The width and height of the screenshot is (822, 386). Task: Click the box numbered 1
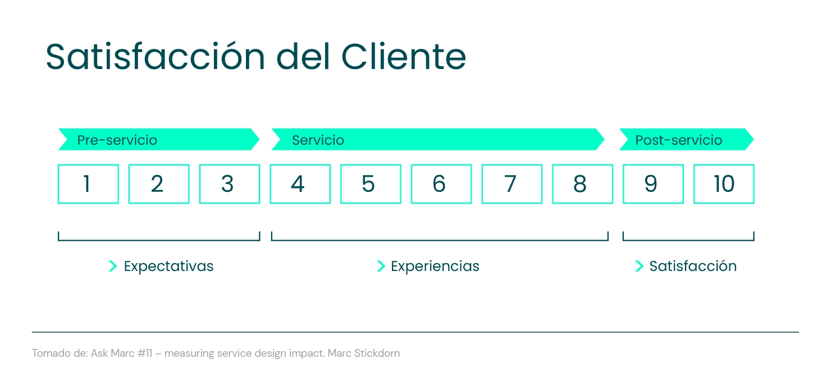88,183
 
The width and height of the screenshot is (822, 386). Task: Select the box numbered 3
229,183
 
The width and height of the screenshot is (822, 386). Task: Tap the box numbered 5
371,183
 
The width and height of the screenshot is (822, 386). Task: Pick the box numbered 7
512,183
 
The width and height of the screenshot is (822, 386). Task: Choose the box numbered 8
582,183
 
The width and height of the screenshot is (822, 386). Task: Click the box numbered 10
724,183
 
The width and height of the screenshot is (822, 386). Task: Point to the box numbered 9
653,183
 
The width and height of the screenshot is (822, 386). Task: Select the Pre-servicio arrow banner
159,139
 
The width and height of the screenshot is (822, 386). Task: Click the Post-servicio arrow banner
686,139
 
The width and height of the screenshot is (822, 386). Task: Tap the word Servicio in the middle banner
318,140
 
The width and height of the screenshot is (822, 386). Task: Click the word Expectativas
168,266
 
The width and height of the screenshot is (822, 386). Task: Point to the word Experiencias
435,266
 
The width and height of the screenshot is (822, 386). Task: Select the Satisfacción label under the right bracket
693,266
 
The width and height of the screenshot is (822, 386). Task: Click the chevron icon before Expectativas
113,266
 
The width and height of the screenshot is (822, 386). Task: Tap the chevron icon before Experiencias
381,266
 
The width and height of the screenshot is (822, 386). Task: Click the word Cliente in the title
404,57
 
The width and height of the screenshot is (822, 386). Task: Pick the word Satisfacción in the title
155,56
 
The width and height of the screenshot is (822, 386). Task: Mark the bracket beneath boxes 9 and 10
688,240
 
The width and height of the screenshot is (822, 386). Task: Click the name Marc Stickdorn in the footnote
364,353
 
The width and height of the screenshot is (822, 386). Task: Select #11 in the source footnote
145,353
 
